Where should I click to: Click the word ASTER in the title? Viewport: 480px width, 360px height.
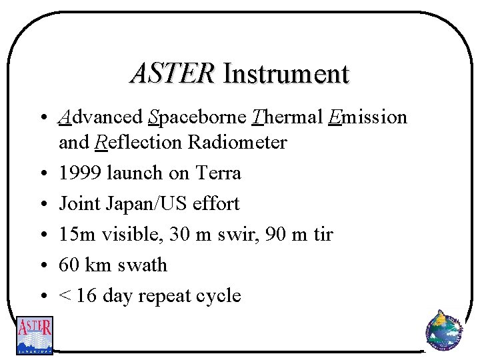[173, 73]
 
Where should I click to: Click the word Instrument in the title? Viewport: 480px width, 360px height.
[286, 73]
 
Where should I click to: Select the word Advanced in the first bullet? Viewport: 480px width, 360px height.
[101, 117]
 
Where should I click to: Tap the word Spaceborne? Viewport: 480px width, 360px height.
[197, 117]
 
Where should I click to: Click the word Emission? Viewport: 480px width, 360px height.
[367, 117]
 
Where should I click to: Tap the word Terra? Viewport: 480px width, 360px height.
[218, 173]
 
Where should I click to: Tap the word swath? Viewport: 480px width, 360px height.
[141, 265]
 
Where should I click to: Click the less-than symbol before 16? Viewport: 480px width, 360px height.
[64, 295]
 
